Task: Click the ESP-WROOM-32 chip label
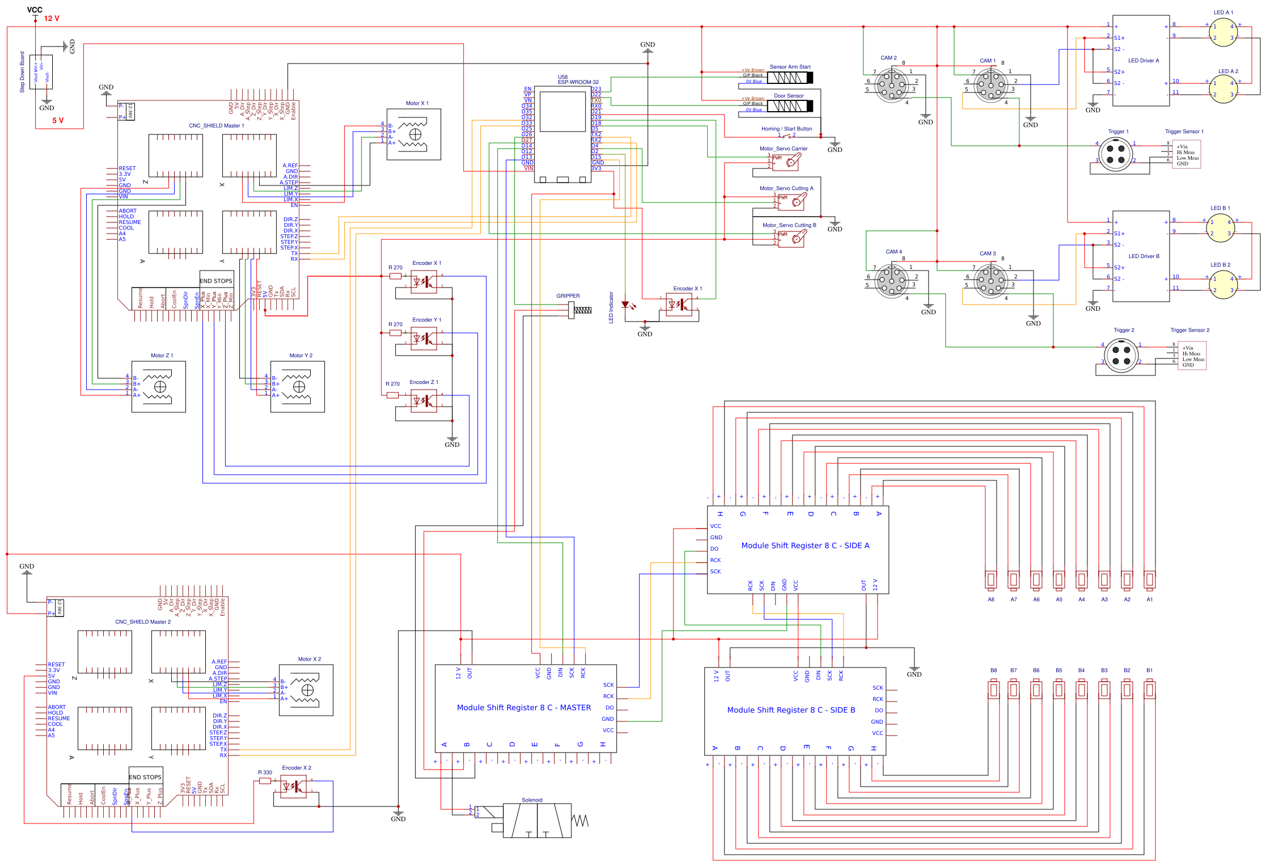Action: [x=578, y=82]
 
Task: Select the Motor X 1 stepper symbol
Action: [x=414, y=134]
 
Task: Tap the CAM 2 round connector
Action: [x=891, y=85]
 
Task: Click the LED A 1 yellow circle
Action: [x=1223, y=32]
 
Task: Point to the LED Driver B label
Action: [x=1144, y=256]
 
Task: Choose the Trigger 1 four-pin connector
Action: [x=1115, y=154]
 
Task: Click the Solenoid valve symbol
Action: [x=536, y=820]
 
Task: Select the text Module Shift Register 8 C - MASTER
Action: [x=523, y=708]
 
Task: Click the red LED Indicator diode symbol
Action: [x=626, y=305]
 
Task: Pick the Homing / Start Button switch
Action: [x=786, y=136]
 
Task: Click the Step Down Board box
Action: [x=41, y=72]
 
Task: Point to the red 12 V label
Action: [x=52, y=19]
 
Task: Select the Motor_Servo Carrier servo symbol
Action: [x=788, y=162]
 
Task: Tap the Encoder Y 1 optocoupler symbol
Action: [x=424, y=339]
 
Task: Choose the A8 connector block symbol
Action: [x=990, y=580]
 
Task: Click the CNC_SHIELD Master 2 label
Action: [x=143, y=622]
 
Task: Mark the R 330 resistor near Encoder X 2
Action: [x=265, y=781]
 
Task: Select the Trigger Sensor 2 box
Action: [x=1192, y=356]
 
